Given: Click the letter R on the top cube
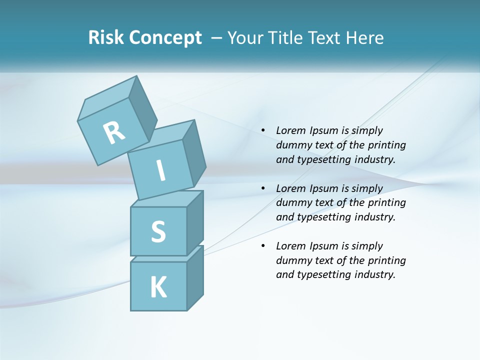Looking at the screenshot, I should (114, 132).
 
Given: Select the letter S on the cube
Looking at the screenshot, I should (158, 231).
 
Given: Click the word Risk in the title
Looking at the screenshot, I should (106, 37).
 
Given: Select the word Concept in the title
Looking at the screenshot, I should (165, 38).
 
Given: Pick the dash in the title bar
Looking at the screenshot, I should (217, 38).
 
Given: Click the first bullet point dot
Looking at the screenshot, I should (263, 131).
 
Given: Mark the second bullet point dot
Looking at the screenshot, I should (263, 188).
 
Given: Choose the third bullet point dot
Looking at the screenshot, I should (263, 246).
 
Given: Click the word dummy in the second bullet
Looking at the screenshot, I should (292, 202).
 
